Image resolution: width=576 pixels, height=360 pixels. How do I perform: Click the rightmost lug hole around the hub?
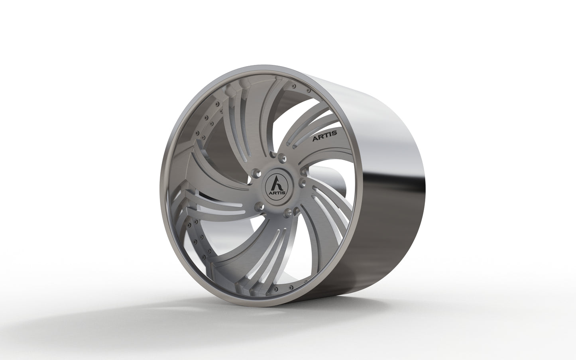coord(302,181)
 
